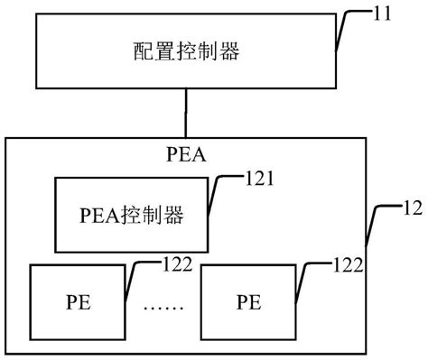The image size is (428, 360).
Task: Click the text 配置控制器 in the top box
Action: click(x=186, y=52)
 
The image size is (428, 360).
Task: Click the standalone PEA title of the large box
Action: click(x=185, y=152)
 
